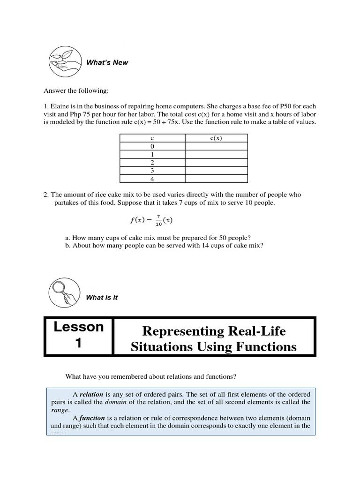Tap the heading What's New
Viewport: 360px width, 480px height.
coord(107,62)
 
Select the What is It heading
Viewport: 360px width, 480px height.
coord(102,298)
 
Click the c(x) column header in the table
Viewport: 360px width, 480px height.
coord(216,138)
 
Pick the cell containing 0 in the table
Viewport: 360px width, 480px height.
coord(152,146)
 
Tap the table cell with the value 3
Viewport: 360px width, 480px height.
coord(152,171)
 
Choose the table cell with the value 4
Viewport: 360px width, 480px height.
coord(152,179)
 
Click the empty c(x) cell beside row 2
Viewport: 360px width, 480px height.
coord(216,162)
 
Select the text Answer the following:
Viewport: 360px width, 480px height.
coord(76,90)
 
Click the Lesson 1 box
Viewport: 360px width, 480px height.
coord(79,336)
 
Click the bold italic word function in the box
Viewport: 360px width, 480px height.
coord(92,418)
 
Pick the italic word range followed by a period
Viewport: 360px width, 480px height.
coord(59,410)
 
